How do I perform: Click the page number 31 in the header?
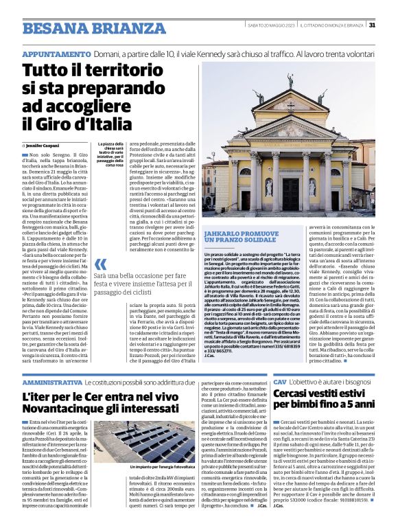372,25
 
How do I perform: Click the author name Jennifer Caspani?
44,146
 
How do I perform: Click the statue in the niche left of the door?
268,187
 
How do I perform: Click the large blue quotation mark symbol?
100,264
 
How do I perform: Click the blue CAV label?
279,380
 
